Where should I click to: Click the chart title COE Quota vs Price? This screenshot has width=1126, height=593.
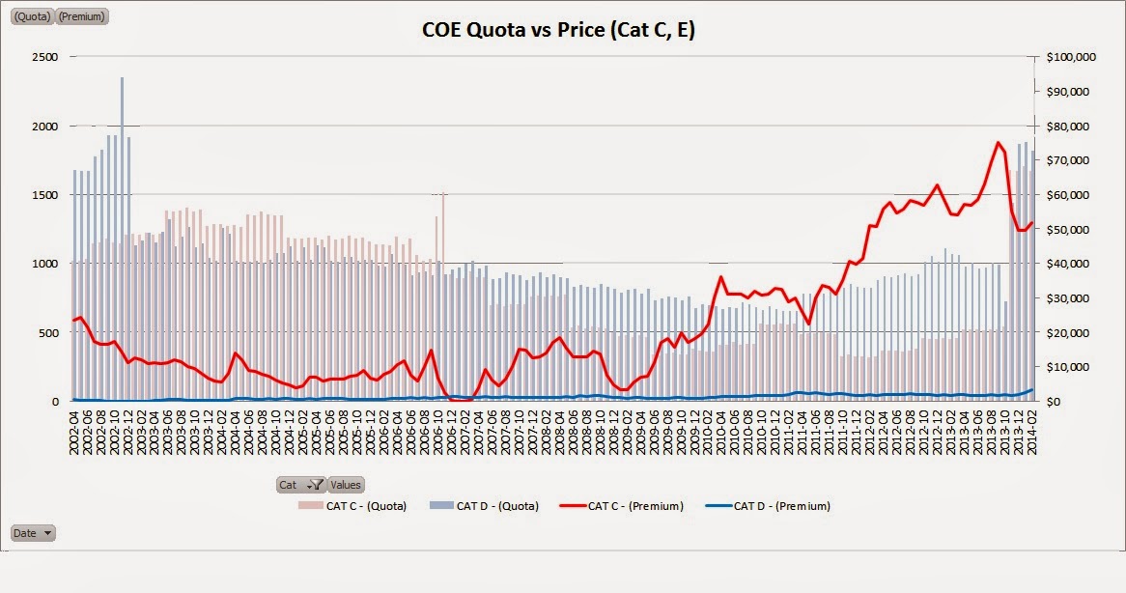coord(558,30)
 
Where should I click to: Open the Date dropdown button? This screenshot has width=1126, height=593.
coord(33,532)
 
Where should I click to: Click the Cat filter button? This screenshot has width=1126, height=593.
coord(300,485)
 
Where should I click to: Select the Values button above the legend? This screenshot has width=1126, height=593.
coord(346,485)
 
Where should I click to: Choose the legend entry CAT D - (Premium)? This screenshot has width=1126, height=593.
coord(772,505)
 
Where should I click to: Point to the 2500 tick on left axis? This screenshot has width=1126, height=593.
coord(46,57)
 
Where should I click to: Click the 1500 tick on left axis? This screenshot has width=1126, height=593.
coord(46,195)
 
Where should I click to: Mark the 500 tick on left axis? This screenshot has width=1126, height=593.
coord(49,332)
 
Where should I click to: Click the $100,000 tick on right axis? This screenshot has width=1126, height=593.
coord(1071,57)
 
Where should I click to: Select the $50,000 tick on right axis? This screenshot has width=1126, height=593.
coord(1071,229)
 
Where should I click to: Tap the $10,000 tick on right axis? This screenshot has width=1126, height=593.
coord(1071,367)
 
